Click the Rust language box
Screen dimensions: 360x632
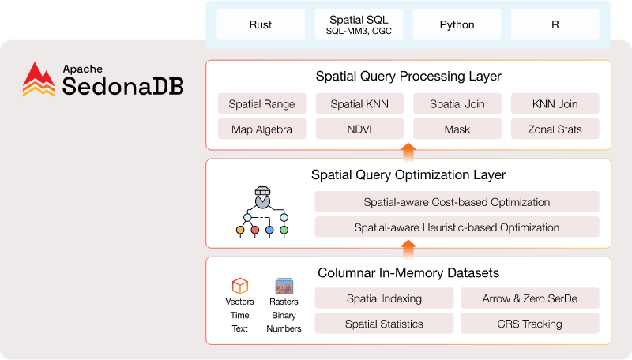click(260, 25)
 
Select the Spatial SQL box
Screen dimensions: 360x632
click(359, 25)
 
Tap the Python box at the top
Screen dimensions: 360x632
click(457, 25)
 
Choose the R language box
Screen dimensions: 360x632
click(555, 25)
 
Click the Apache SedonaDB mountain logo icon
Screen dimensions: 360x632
click(39, 80)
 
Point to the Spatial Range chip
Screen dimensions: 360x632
click(261, 104)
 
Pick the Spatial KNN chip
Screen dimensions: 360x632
click(359, 104)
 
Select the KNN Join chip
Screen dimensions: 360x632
click(555, 104)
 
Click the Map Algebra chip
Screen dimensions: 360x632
click(261, 129)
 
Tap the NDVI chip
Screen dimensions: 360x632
click(359, 129)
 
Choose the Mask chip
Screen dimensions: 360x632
click(457, 129)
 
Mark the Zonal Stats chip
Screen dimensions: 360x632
click(555, 129)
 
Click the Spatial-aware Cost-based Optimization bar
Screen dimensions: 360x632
click(457, 202)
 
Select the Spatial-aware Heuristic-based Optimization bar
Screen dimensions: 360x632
click(457, 227)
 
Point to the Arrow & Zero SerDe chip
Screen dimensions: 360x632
click(529, 298)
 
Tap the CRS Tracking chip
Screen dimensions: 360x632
click(529, 324)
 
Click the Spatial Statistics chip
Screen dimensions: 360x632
click(384, 324)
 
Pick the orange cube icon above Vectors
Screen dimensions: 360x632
click(240, 286)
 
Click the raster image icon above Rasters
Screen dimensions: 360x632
click(284, 286)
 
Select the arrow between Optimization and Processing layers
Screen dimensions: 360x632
click(408, 152)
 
